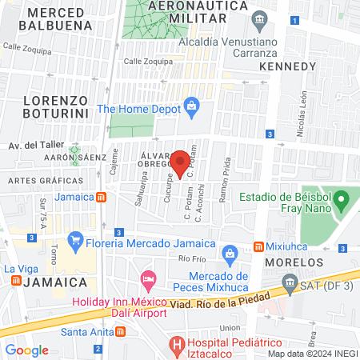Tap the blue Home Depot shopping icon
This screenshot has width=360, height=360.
coord(191,105)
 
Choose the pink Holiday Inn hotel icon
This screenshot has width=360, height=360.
coord(148,279)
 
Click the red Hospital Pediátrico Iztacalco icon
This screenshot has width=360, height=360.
coord(178,345)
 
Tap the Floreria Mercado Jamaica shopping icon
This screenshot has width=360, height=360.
coord(75,238)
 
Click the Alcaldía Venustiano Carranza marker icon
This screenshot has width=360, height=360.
coord(258,18)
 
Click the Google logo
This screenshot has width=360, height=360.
coord(27,350)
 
